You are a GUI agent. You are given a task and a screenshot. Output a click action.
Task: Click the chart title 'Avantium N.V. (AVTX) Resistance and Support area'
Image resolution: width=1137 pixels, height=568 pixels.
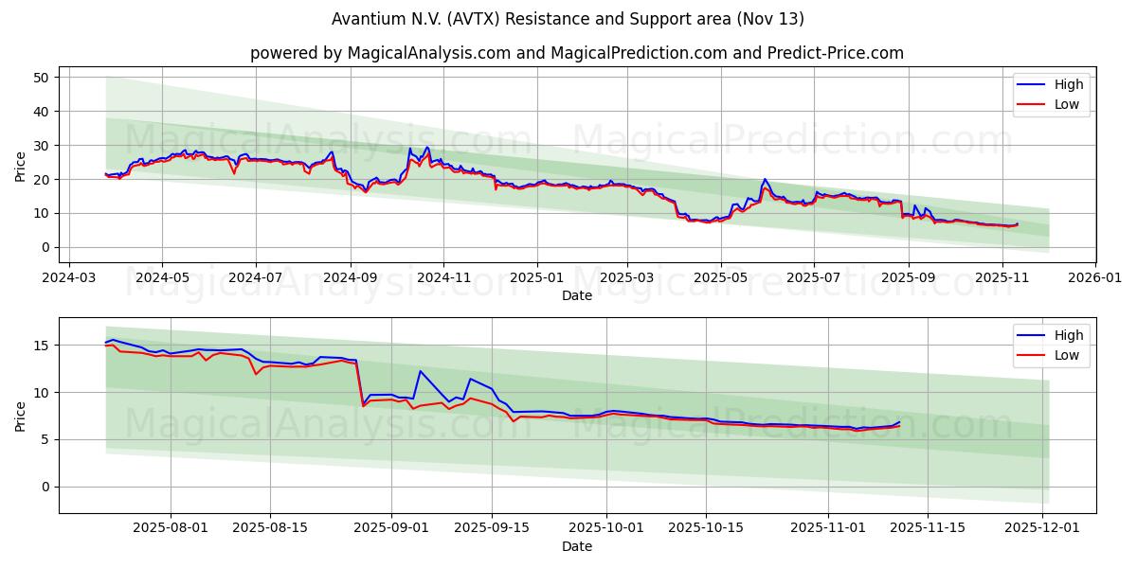[568, 19]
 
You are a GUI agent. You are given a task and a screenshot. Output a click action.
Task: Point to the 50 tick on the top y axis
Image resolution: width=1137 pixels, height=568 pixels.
[42, 78]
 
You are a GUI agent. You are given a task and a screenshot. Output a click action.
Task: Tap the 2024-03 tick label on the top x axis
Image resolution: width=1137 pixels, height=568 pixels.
[68, 279]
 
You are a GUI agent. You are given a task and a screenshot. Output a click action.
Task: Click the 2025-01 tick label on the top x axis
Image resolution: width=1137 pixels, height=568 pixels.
[536, 279]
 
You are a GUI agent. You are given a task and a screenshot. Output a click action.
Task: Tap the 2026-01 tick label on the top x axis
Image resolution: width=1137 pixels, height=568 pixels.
[1095, 279]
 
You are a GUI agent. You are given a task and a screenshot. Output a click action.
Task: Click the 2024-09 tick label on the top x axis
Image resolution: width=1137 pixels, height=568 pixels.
[350, 279]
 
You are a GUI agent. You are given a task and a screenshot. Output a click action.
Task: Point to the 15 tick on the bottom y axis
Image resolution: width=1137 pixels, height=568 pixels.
[42, 346]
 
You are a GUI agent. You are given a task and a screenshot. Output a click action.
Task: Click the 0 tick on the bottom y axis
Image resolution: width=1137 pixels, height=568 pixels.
[45, 487]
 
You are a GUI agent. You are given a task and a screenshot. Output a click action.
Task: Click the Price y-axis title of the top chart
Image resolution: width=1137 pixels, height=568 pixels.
[21, 166]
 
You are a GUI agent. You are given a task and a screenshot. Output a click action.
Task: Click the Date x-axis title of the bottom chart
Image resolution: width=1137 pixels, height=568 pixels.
[576, 546]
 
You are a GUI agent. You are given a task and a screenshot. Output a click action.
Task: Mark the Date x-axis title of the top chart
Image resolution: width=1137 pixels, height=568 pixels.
[576, 295]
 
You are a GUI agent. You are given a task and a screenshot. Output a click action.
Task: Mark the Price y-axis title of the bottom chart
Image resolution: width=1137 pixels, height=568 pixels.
[21, 416]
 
